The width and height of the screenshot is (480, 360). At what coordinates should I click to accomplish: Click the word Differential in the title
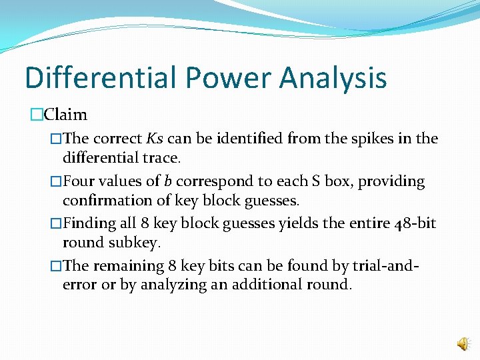tap(101, 77)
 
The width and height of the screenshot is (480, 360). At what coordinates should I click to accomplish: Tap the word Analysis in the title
tap(333, 77)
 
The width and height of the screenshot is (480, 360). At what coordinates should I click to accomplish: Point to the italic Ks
tap(155, 139)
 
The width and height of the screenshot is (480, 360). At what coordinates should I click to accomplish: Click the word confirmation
tap(101, 200)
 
